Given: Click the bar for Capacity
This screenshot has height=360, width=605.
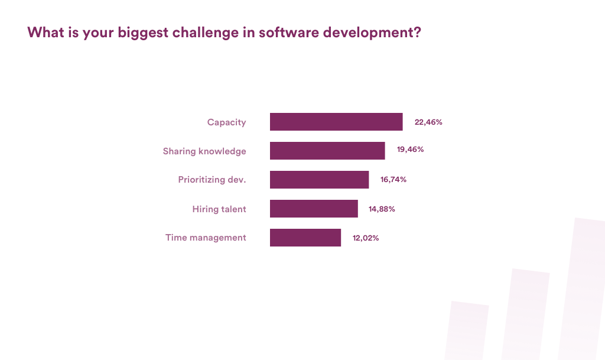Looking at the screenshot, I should [x=336, y=122].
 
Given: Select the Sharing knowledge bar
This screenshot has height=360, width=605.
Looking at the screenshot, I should [x=327, y=151].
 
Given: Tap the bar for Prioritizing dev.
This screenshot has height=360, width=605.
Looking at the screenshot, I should [x=319, y=180].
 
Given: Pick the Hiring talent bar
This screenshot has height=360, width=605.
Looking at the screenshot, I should [x=314, y=209].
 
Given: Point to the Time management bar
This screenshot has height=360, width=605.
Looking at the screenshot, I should [x=305, y=238].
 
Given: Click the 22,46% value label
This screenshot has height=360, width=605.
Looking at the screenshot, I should [x=428, y=122].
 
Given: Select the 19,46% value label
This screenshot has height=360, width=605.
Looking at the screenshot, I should [x=411, y=150].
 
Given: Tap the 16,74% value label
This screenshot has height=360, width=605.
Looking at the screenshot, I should [x=393, y=180].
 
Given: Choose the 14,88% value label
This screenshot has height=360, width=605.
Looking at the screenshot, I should [x=382, y=209].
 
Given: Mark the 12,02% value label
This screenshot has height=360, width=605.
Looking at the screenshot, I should [x=365, y=238].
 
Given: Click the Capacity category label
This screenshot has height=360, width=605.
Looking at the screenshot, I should [x=226, y=122].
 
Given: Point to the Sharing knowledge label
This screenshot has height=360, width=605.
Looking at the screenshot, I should [x=204, y=151].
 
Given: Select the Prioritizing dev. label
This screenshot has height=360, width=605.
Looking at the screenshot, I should [x=212, y=180].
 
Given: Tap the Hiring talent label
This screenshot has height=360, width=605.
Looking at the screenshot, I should [x=219, y=209].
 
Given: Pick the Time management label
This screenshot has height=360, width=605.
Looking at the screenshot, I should [x=206, y=238].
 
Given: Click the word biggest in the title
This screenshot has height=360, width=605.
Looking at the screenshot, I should [x=142, y=33].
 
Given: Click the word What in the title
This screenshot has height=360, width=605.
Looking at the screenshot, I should [x=43, y=33].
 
